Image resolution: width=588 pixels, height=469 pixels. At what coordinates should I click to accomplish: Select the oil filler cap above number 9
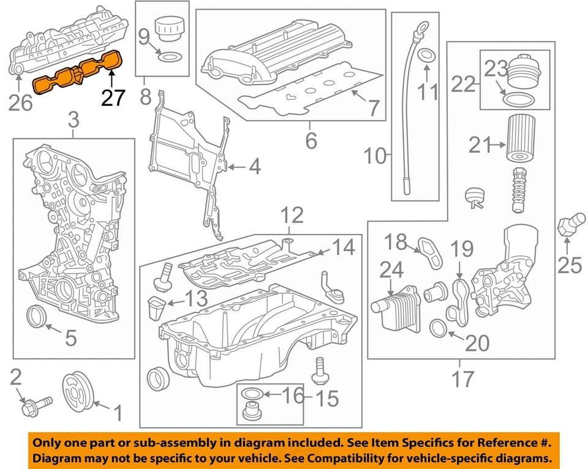coord(167,28)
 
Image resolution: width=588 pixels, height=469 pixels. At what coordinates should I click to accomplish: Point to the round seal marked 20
coord(440,328)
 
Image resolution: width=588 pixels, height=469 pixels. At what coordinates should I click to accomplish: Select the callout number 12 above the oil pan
coord(292,216)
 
